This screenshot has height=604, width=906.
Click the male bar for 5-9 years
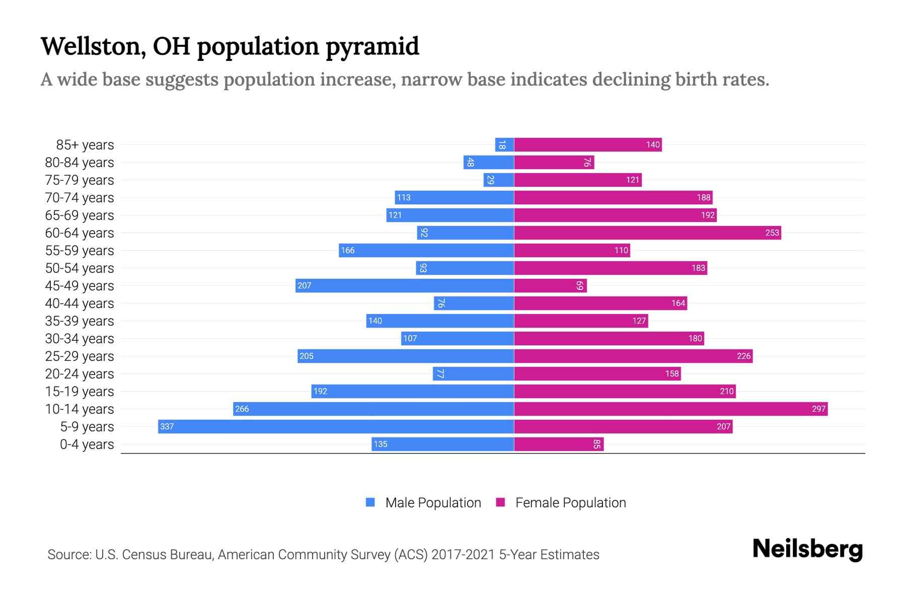tap(336, 426)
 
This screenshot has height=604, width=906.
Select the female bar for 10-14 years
tap(670, 409)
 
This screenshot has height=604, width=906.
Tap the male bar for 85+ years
tap(504, 144)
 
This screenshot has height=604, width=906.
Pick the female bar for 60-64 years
tap(647, 233)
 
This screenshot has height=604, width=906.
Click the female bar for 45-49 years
tap(550, 285)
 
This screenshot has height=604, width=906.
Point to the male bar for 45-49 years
tap(404, 285)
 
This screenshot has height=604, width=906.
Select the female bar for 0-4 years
tap(559, 444)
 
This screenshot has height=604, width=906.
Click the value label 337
tap(167, 426)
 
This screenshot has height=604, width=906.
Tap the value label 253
tap(772, 233)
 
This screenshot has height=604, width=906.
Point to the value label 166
tap(347, 250)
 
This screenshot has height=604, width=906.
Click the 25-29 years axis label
tap(80, 356)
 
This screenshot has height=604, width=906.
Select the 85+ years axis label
tap(85, 144)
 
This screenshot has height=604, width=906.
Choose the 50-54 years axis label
tap(80, 268)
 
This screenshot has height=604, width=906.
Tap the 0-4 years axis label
tap(87, 444)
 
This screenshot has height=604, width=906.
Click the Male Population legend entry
tap(433, 502)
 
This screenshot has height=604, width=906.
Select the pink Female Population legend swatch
tap(500, 502)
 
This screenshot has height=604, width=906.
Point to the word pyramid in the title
tap(372, 46)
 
